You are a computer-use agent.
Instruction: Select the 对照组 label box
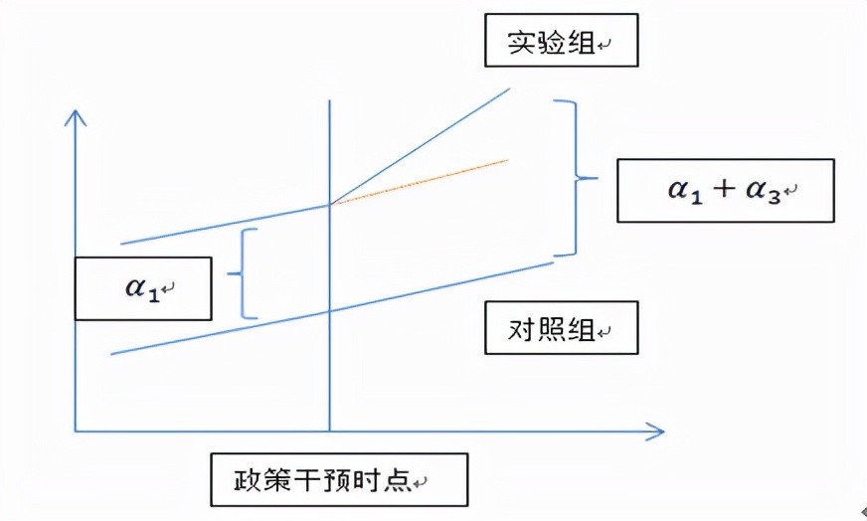(x=561, y=328)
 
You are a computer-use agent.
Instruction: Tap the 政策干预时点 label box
(x=338, y=480)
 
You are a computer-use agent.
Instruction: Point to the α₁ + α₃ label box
(x=725, y=189)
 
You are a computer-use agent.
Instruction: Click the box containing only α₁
(x=143, y=288)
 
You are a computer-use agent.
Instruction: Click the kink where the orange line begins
(x=330, y=204)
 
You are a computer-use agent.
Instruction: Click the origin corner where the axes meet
(x=76, y=431)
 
